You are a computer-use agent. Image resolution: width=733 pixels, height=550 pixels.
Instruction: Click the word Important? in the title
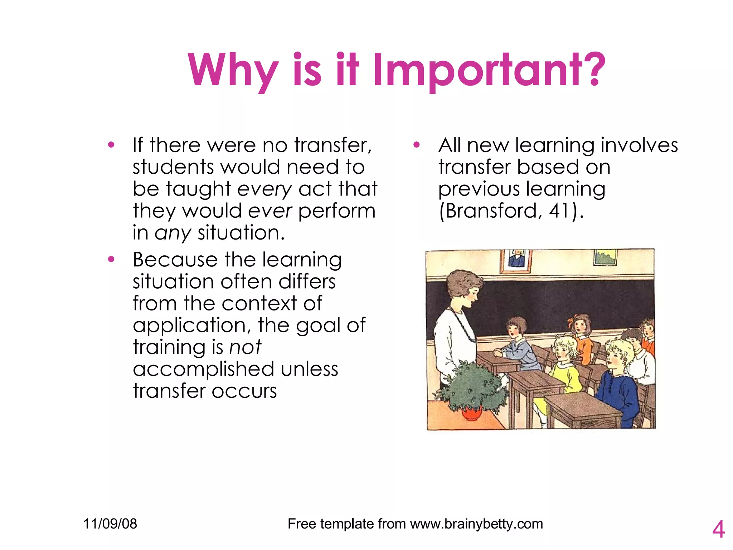point(489,70)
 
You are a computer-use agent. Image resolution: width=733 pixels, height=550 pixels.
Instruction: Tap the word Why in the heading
point(233,70)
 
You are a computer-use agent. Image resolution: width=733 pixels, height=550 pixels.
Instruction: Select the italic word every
point(264,189)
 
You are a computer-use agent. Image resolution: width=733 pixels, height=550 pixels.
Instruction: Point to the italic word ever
point(270,211)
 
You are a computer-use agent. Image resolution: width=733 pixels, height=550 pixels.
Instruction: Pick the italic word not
point(245,347)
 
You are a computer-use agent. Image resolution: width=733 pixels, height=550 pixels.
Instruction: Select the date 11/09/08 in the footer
point(110,524)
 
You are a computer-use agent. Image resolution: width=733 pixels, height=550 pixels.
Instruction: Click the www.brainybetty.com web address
point(476,524)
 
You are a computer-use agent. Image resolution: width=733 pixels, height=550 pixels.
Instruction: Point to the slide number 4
point(718,529)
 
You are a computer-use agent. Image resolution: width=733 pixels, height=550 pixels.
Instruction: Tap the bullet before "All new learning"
point(416,145)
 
